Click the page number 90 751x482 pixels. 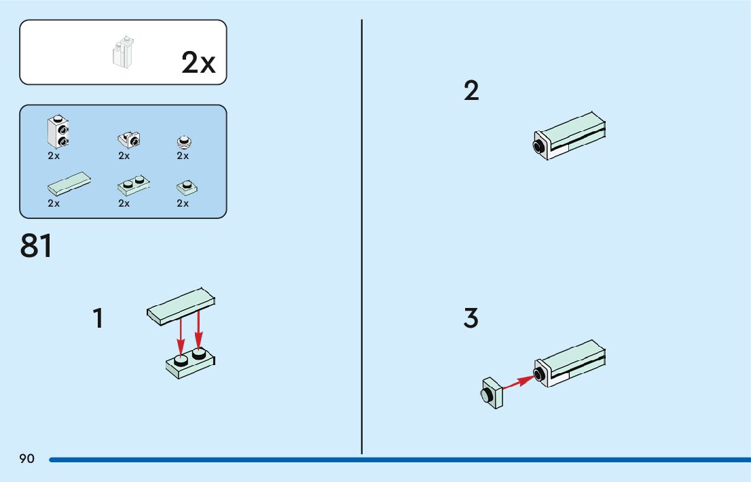(x=27, y=459)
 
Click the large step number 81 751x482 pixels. (x=37, y=246)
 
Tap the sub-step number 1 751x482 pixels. (x=98, y=318)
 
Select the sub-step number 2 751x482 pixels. (x=471, y=91)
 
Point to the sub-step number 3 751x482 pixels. (x=471, y=318)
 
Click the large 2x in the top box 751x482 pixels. (x=198, y=63)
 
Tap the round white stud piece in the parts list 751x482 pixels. (x=183, y=141)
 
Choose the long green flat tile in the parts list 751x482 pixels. (x=69, y=184)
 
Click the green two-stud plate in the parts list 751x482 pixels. (x=134, y=184)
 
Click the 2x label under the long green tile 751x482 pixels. (x=54, y=203)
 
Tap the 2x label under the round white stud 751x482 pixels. (x=183, y=156)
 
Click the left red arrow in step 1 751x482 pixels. (x=181, y=334)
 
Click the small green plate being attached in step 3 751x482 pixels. (x=492, y=394)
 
